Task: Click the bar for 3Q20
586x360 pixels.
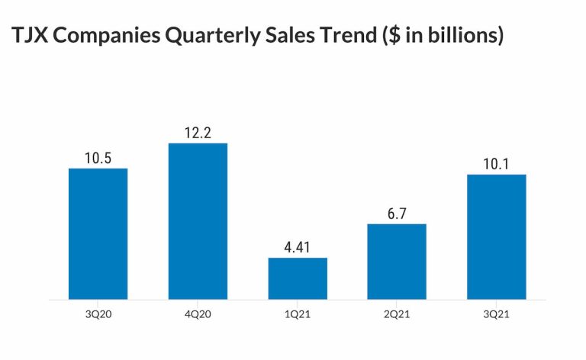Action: tap(98, 233)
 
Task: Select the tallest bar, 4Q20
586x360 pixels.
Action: tap(198, 221)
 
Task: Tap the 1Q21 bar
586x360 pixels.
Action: tap(298, 278)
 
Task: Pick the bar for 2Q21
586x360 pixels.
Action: tap(397, 262)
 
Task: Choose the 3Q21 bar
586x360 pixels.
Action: tap(497, 236)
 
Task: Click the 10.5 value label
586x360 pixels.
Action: tap(98, 158)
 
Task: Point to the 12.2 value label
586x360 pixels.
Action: tap(198, 133)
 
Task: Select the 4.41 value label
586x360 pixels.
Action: tap(298, 247)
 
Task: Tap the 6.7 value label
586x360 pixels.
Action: tap(397, 214)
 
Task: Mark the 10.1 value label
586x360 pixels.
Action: tap(497, 164)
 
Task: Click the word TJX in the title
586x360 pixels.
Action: tap(30, 37)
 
